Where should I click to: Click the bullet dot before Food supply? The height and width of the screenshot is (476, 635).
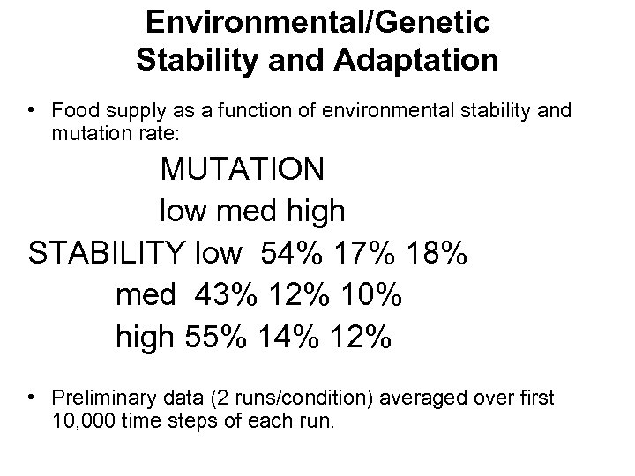click(31, 110)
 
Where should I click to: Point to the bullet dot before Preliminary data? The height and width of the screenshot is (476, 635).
click(31, 398)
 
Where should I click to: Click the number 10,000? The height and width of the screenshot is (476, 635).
click(86, 420)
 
